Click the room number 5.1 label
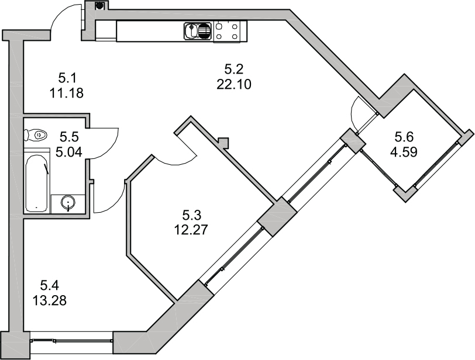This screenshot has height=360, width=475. [67, 79]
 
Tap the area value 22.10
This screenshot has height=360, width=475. [234, 85]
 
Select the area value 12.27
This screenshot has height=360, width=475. [191, 230]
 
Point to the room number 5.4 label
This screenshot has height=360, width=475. [49, 285]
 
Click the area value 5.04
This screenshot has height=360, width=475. [69, 152]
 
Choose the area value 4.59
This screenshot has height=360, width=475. [404, 152]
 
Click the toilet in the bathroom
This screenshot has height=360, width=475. [36, 134]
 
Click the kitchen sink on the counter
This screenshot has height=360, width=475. [197, 31]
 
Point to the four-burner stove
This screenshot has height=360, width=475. [227, 32]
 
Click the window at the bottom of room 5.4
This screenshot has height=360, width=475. [72, 341]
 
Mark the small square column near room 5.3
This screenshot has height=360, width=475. [223, 142]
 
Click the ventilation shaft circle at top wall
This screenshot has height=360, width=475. [99, 5]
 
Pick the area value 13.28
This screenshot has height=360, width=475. [49, 301]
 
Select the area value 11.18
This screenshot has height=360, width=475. [67, 94]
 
